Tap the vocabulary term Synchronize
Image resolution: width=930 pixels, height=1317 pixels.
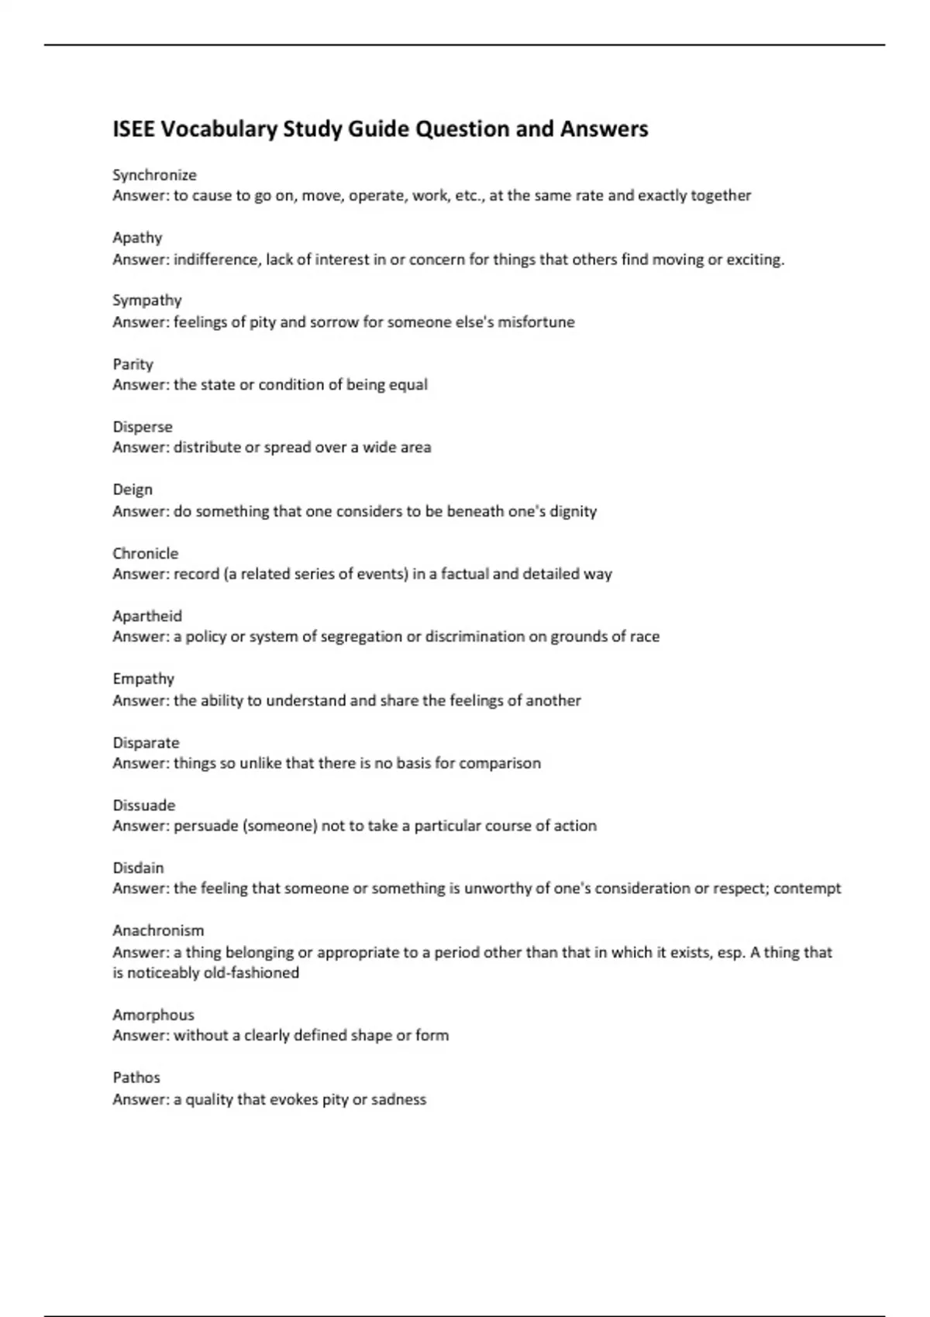(x=154, y=175)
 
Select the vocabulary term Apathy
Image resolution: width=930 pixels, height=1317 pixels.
(x=137, y=238)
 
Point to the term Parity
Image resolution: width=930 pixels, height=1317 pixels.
(x=133, y=364)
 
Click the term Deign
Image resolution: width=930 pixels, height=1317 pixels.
(x=133, y=490)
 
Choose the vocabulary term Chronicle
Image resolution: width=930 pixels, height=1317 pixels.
(x=145, y=553)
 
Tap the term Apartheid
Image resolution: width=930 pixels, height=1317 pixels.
(x=147, y=616)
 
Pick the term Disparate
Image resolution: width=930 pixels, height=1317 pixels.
(x=146, y=742)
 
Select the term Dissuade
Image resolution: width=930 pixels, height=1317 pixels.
(x=143, y=805)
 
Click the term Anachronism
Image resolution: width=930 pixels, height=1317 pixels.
(x=158, y=930)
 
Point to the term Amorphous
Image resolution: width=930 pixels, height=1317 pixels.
(x=153, y=1015)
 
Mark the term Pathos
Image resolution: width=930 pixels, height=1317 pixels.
(x=136, y=1078)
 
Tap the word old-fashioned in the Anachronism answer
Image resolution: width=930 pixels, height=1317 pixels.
(x=251, y=973)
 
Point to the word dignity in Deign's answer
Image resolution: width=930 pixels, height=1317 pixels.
(x=573, y=511)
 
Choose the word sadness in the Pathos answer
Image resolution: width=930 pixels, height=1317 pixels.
(x=398, y=1099)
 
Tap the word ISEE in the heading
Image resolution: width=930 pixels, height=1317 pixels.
(x=133, y=129)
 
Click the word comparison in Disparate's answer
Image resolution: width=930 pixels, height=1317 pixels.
(x=500, y=763)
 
